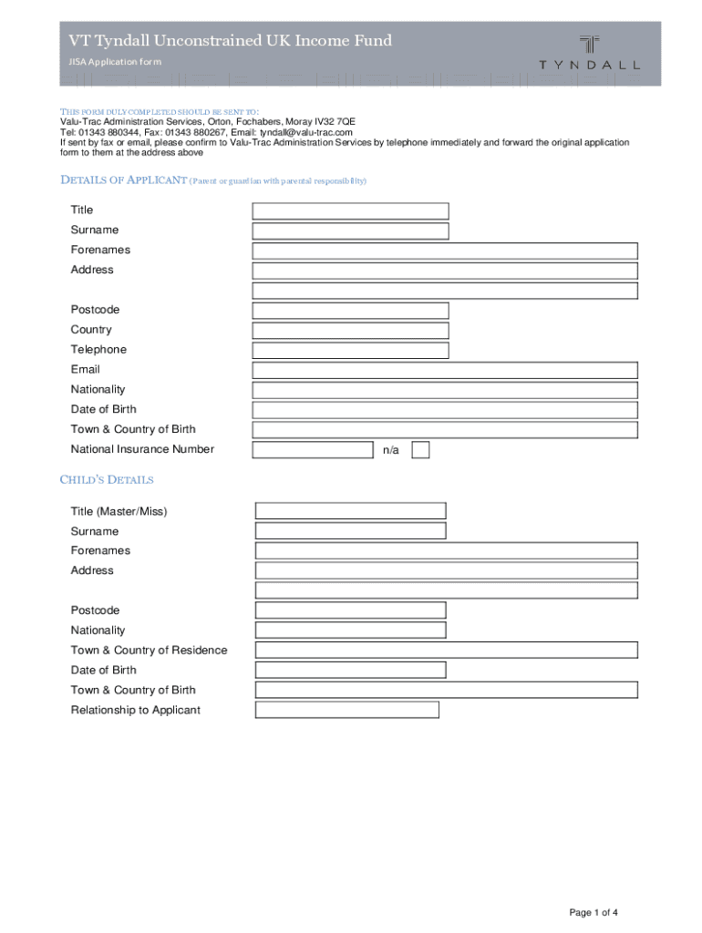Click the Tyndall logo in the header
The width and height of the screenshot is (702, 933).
pos(589,52)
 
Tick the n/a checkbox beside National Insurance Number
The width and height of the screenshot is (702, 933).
pos(420,450)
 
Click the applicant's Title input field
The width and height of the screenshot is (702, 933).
pos(350,210)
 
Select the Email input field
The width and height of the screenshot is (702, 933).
pos(444,370)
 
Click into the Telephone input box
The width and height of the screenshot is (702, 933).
pos(350,351)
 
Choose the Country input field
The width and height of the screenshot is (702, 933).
pos(350,331)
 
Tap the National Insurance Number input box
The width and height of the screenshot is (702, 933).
pos(313,450)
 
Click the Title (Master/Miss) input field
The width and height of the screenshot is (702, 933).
pos(350,511)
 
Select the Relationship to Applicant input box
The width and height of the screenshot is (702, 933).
pos(346,710)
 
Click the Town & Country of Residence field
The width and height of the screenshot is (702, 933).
pos(446,651)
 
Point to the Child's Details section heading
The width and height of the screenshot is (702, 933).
pos(107,480)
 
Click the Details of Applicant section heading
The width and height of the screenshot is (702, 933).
pos(123,179)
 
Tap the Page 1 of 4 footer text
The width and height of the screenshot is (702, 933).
pos(594,913)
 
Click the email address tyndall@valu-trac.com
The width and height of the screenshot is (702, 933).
pos(306,132)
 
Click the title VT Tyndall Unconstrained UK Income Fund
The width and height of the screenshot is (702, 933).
pos(231,41)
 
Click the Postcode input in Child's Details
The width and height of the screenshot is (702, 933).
pos(350,610)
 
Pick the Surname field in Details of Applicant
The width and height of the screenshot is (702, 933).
pos(350,231)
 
